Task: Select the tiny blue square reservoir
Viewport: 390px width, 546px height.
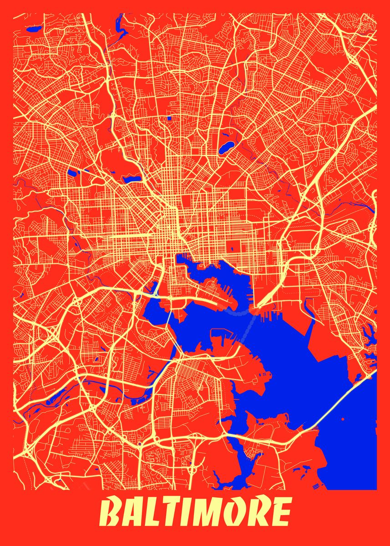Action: click(169, 118)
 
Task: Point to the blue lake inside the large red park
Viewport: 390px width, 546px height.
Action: click(131, 179)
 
